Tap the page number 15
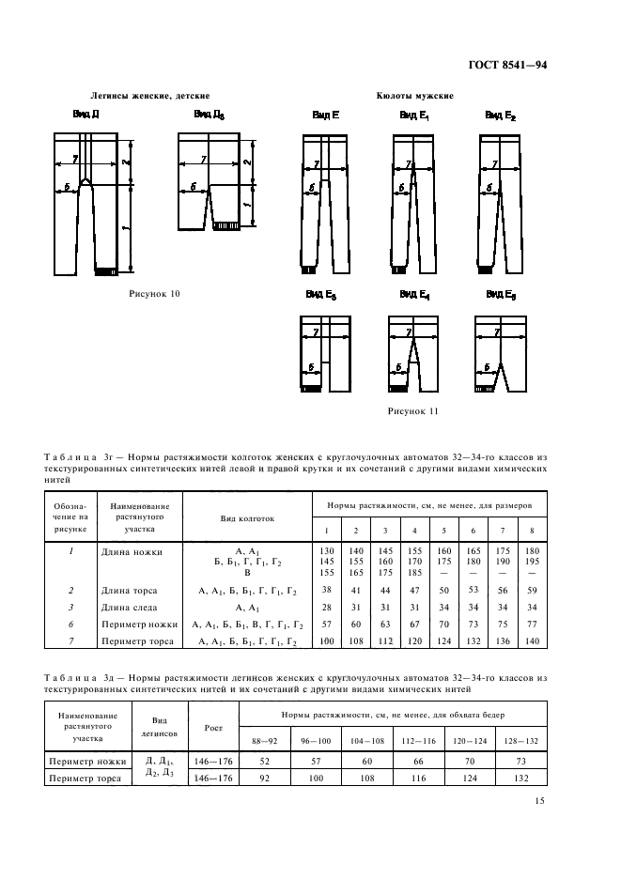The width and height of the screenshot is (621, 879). pos(539,801)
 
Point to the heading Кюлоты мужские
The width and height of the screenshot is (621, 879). pos(414,96)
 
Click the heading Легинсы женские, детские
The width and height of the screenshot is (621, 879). pos(149,96)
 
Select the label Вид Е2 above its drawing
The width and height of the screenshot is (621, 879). pos(499,116)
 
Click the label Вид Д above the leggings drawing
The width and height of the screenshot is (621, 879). pos(85,114)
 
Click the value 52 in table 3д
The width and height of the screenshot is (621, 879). pos(266,762)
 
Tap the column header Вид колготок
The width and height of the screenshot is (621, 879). pos(247,517)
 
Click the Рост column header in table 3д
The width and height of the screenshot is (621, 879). pos(212,727)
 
